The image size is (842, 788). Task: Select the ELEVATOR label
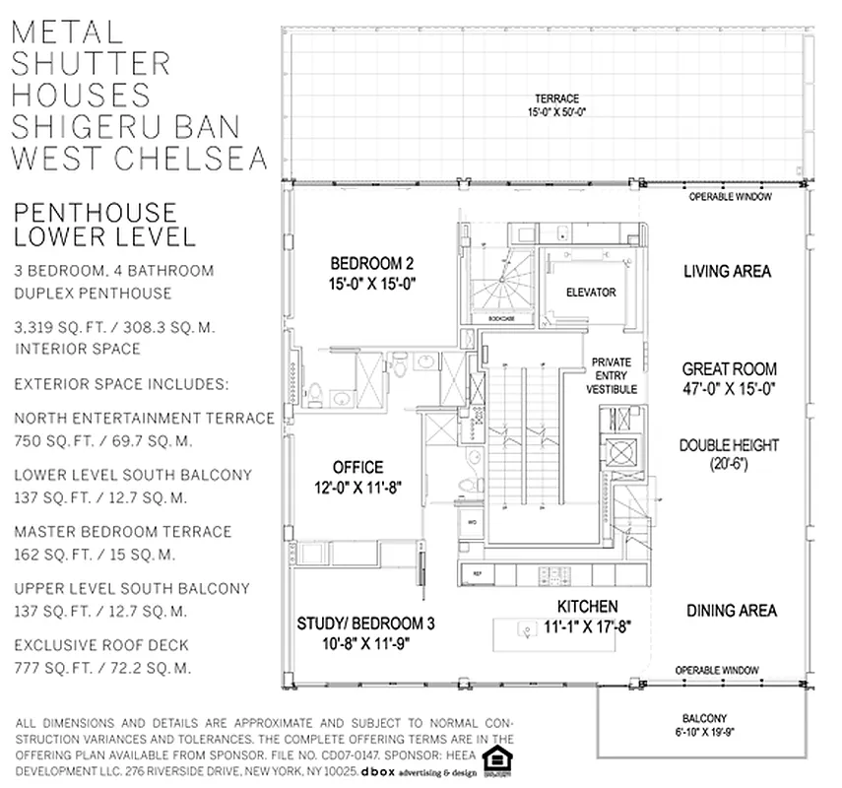coord(591,293)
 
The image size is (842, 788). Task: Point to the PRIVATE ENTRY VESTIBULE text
coord(612,375)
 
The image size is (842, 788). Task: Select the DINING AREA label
coord(731,611)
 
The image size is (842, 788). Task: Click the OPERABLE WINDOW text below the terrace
coord(730,196)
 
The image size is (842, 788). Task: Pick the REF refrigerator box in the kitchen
coord(478,572)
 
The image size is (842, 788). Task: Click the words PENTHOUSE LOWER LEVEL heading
coord(96,225)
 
